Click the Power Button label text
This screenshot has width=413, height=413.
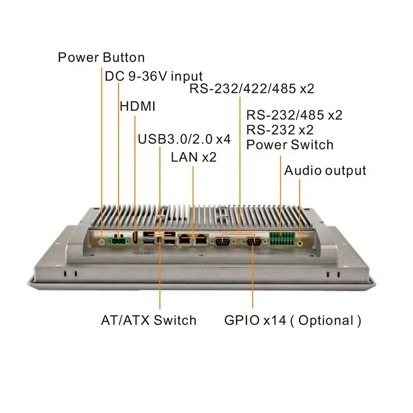pyautogui.click(x=101, y=57)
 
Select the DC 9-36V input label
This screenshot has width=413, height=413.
pyautogui.click(x=154, y=76)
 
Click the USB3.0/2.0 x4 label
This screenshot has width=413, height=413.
pyautogui.click(x=184, y=139)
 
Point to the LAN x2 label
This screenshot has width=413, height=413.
pyautogui.click(x=194, y=157)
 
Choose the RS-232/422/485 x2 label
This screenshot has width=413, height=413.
pyautogui.click(x=251, y=89)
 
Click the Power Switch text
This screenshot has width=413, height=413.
pyautogui.click(x=290, y=145)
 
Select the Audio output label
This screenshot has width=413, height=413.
pyautogui.click(x=325, y=170)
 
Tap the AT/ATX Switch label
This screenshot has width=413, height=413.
pyautogui.click(x=149, y=320)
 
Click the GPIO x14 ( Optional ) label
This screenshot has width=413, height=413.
pyautogui.click(x=293, y=320)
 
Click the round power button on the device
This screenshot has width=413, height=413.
pyautogui.click(x=102, y=241)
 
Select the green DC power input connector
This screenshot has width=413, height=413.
pyautogui.click(x=119, y=240)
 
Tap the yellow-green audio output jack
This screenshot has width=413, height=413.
pyautogui.click(x=300, y=241)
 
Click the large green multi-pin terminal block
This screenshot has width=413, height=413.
pyautogui.click(x=281, y=240)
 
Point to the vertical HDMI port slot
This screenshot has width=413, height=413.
pyautogui.click(x=135, y=239)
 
